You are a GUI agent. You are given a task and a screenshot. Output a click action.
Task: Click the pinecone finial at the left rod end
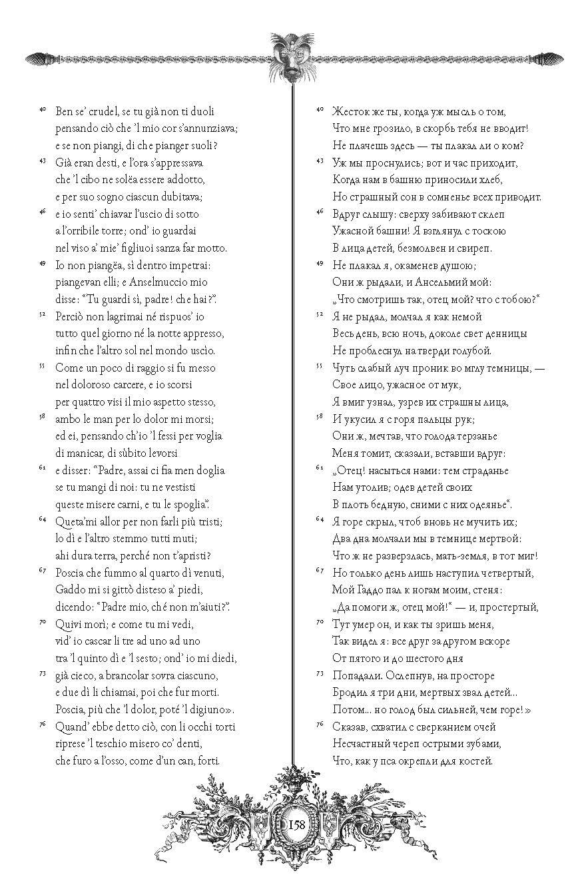coord(37,58)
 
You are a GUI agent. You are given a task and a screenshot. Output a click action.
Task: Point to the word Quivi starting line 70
coord(70,625)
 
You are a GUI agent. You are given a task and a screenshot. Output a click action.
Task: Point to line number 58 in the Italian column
coord(41,417)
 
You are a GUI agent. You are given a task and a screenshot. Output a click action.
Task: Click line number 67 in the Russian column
coord(319,571)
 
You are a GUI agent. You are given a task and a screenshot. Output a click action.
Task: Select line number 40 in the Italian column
coord(41,109)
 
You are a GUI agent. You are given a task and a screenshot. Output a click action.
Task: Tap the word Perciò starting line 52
coord(72,316)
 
